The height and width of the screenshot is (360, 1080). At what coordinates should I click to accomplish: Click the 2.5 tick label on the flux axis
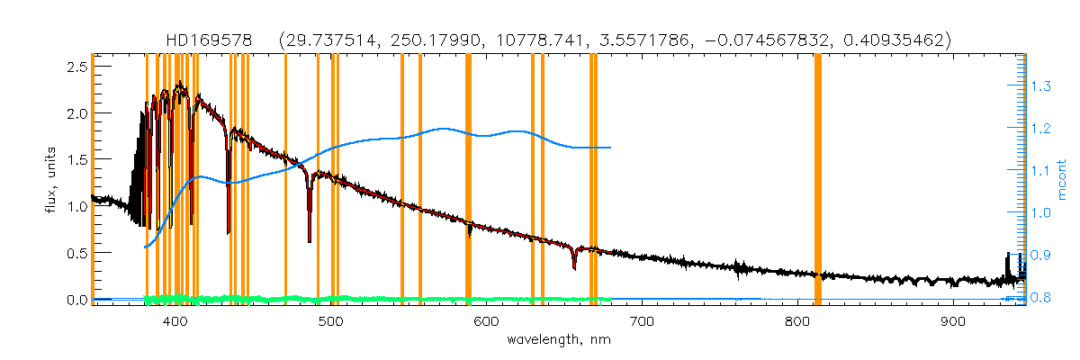pyautogui.click(x=76, y=67)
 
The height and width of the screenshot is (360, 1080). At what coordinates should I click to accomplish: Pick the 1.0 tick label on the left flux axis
pyautogui.click(x=76, y=207)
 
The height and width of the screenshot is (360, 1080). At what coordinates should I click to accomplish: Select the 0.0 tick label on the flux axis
pyautogui.click(x=76, y=300)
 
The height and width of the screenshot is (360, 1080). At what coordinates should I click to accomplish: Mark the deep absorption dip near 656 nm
pyautogui.click(x=574, y=267)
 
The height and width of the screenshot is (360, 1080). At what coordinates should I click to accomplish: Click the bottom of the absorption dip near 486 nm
pyautogui.click(x=310, y=240)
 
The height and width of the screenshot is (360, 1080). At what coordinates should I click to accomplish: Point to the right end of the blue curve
pyautogui.click(x=611, y=148)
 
